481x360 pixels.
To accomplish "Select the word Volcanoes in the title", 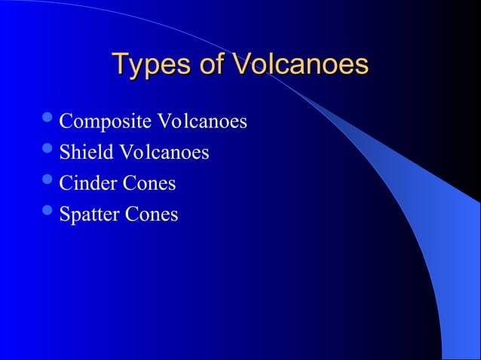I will tap(300, 64).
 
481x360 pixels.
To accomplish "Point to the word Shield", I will tap(84, 153).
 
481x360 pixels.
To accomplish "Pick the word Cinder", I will tap(86, 183).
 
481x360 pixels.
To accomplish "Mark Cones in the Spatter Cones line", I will tap(152, 215).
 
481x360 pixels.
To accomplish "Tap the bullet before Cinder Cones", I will tap(48, 181).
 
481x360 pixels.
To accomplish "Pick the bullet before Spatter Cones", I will tap(48, 212).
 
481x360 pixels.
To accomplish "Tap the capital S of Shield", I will tap(64, 153).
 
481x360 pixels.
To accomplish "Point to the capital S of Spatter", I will tap(64, 215).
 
